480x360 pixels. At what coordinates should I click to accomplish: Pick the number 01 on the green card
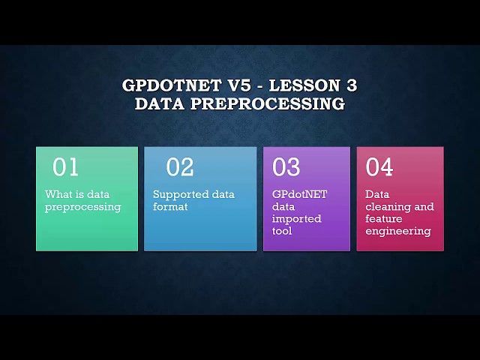pyautogui.click(x=65, y=167)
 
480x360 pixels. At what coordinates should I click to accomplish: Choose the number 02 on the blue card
pyautogui.click(x=180, y=167)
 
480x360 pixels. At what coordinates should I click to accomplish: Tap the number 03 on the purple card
pyautogui.click(x=286, y=167)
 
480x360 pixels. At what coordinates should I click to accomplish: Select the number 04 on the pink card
pyautogui.click(x=379, y=167)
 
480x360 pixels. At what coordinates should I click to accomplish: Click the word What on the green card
pyautogui.click(x=58, y=194)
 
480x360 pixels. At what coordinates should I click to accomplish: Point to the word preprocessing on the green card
pyautogui.click(x=82, y=207)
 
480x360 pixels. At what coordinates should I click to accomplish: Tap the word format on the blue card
pyautogui.click(x=170, y=207)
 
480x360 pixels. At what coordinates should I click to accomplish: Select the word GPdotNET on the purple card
pyautogui.click(x=300, y=194)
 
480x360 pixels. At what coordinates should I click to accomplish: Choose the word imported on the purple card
pyautogui.click(x=297, y=219)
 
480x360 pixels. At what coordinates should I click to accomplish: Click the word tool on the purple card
pyautogui.click(x=282, y=231)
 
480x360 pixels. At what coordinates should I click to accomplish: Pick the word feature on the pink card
pyautogui.click(x=384, y=219)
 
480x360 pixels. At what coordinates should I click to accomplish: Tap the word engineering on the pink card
pyautogui.click(x=398, y=231)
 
